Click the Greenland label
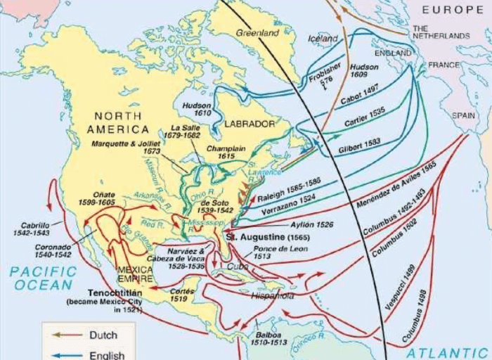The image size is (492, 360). click(258, 32)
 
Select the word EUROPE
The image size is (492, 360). click(453, 9)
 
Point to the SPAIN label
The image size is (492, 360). click(463, 115)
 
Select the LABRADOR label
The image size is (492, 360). click(250, 124)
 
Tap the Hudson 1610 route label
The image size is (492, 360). click(197, 108)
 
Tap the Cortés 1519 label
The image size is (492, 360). click(182, 294)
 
